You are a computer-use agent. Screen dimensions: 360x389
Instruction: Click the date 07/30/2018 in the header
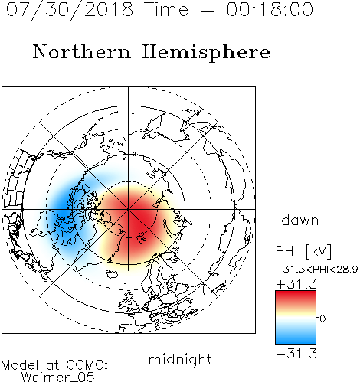click(70, 10)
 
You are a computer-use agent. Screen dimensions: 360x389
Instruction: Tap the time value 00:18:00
click(270, 9)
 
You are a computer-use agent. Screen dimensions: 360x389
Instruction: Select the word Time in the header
click(166, 9)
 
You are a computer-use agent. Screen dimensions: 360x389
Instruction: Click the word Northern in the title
click(82, 51)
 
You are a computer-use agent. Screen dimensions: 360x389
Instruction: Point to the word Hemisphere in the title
click(206, 53)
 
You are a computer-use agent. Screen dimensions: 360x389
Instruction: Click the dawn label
click(300, 220)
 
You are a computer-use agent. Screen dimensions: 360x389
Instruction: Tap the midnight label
click(180, 359)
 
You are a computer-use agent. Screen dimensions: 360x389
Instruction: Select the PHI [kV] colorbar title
click(303, 251)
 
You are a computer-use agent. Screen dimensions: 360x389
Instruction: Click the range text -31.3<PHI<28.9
click(316, 269)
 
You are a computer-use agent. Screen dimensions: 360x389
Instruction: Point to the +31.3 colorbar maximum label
click(296, 284)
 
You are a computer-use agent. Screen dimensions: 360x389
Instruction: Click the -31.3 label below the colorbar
click(296, 354)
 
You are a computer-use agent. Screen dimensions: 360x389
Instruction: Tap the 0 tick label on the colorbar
click(322, 319)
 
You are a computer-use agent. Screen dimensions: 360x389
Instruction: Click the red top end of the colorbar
click(296, 293)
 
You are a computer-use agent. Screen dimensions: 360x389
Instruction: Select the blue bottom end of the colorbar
click(296, 341)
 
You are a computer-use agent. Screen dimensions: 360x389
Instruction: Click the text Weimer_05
click(58, 378)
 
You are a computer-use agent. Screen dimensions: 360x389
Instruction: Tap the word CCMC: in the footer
click(87, 365)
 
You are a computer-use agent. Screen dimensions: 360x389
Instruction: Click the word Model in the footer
click(20, 365)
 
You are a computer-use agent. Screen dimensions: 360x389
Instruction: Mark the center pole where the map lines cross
click(129, 209)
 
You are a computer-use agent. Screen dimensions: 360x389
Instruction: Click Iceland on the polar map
click(112, 274)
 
